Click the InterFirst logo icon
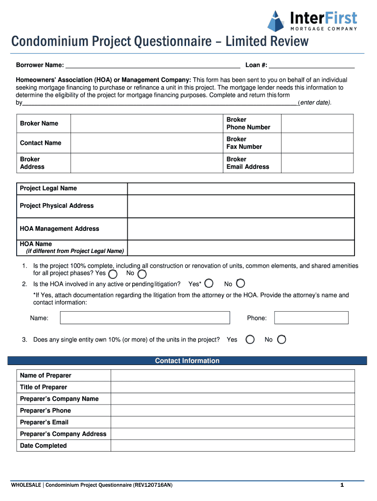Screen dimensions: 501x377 click(x=276, y=20)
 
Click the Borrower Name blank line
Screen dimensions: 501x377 click(x=152, y=65)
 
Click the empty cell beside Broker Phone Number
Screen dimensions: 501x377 click(x=317, y=124)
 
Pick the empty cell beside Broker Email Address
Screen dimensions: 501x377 click(x=317, y=163)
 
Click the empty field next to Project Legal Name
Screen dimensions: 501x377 click(x=240, y=189)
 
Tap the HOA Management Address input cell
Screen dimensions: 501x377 click(x=240, y=229)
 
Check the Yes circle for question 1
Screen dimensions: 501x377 click(x=113, y=274)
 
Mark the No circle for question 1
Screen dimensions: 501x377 click(x=142, y=274)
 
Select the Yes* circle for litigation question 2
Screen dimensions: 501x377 click(x=209, y=283)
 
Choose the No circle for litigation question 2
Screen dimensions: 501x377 click(x=240, y=283)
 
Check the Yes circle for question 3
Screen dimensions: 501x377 click(x=250, y=340)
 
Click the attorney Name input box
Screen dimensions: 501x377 click(x=145, y=318)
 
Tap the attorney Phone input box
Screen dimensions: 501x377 click(x=311, y=318)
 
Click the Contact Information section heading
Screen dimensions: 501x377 click(x=188, y=361)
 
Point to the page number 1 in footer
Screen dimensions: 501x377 click(x=342, y=485)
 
